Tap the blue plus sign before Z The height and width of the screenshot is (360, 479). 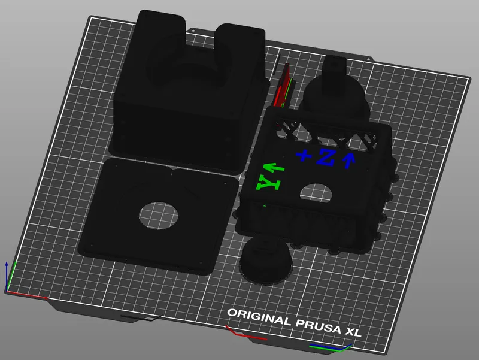click(305, 156)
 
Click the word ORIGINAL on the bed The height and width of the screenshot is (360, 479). click(259, 316)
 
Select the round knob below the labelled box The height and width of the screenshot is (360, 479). click(266, 261)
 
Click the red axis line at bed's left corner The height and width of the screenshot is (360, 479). click(27, 295)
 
